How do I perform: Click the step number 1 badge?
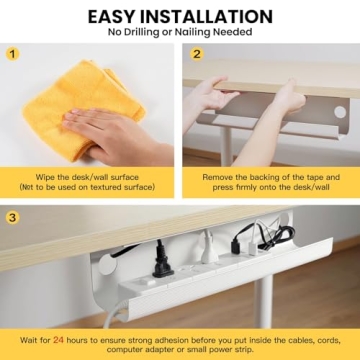[x=13, y=55]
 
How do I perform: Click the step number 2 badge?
[x=197, y=55]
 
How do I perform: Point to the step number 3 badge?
[x=13, y=216]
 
